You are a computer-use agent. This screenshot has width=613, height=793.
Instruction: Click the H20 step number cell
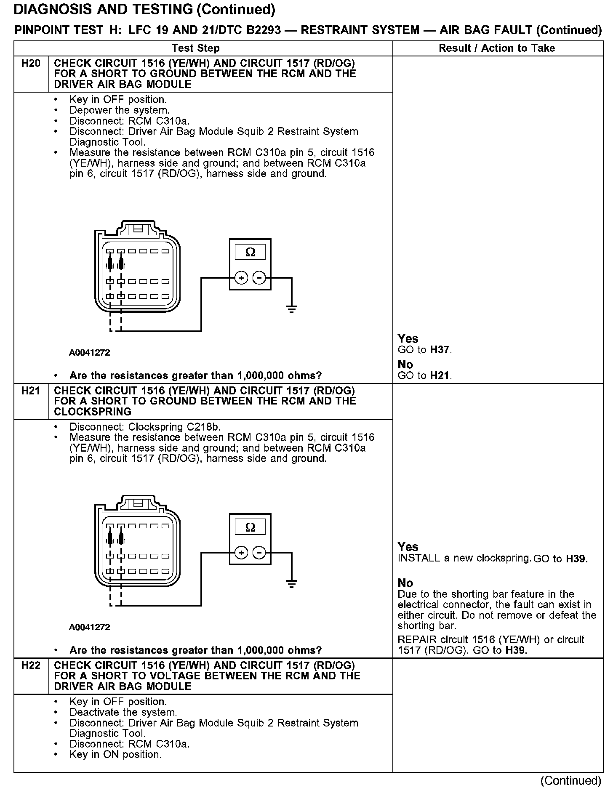[x=31, y=64]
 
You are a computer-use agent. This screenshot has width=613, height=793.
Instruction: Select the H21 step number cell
[x=31, y=391]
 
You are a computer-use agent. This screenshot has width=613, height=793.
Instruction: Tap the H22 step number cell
[x=31, y=665]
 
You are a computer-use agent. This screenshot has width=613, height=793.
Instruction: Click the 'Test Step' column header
[x=196, y=48]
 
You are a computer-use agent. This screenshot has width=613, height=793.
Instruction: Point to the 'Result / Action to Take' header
[x=497, y=48]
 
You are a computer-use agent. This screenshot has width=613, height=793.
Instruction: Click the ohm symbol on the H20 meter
[x=250, y=252]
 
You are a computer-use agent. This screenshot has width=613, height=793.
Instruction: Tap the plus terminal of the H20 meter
[x=241, y=278]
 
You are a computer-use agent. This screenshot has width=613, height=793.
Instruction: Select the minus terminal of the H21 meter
[x=259, y=553]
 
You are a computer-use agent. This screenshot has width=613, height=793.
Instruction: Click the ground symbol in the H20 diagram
[x=291, y=310]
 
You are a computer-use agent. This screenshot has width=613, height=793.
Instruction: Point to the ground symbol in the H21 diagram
[x=291, y=584]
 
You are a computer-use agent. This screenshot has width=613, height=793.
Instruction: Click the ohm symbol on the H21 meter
[x=250, y=527]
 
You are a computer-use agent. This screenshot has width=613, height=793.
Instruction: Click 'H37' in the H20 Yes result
[x=440, y=350]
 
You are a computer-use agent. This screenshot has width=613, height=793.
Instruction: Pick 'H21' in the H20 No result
[x=440, y=375]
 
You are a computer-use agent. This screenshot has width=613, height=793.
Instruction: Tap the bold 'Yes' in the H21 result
[x=408, y=547]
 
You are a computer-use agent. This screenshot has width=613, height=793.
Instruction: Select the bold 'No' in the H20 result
[x=405, y=365]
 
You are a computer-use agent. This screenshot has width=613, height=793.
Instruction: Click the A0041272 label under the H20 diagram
[x=90, y=353]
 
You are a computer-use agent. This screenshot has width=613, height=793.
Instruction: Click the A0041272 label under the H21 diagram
[x=90, y=627]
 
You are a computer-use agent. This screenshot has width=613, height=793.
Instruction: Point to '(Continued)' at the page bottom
[x=570, y=780]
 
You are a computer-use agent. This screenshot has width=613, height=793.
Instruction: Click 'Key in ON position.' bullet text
[x=116, y=755]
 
